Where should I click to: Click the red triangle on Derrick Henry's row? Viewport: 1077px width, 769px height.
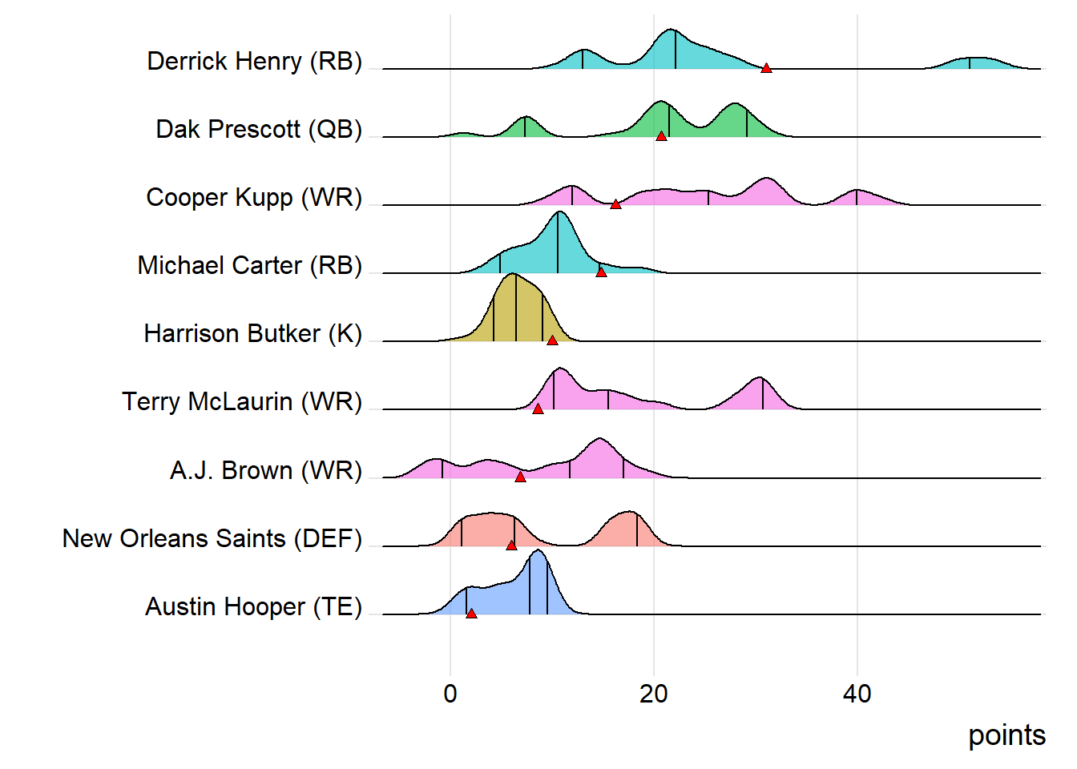click(766, 68)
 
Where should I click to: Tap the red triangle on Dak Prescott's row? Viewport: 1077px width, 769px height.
click(661, 136)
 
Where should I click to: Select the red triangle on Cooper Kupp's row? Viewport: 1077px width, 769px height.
click(615, 204)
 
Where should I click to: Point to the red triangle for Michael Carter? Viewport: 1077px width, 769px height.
click(601, 272)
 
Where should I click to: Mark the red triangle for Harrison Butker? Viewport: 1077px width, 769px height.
click(552, 340)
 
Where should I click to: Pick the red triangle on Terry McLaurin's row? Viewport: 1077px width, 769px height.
click(538, 409)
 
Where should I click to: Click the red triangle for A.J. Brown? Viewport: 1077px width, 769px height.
click(520, 477)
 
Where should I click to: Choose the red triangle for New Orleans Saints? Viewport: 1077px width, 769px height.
click(511, 546)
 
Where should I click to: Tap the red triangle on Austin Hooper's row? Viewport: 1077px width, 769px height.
click(471, 614)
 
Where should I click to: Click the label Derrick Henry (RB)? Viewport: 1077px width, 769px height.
click(254, 62)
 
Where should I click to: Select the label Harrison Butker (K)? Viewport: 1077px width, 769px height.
click(252, 334)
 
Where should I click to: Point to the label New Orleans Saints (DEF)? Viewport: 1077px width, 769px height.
click(212, 538)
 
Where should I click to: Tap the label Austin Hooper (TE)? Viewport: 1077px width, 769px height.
click(253, 606)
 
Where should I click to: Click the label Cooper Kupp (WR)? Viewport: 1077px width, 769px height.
click(254, 198)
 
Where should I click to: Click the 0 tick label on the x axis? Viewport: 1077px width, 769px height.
click(450, 694)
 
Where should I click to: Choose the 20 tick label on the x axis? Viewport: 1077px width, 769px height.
click(654, 694)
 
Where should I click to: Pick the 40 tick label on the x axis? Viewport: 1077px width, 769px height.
click(857, 694)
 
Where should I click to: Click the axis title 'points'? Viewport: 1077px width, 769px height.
click(1006, 735)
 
